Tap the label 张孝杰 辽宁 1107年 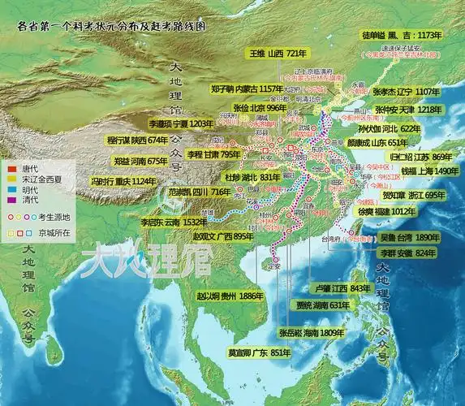click(411, 93)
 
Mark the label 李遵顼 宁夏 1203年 click(180, 124)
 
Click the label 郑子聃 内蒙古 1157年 click(247, 89)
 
